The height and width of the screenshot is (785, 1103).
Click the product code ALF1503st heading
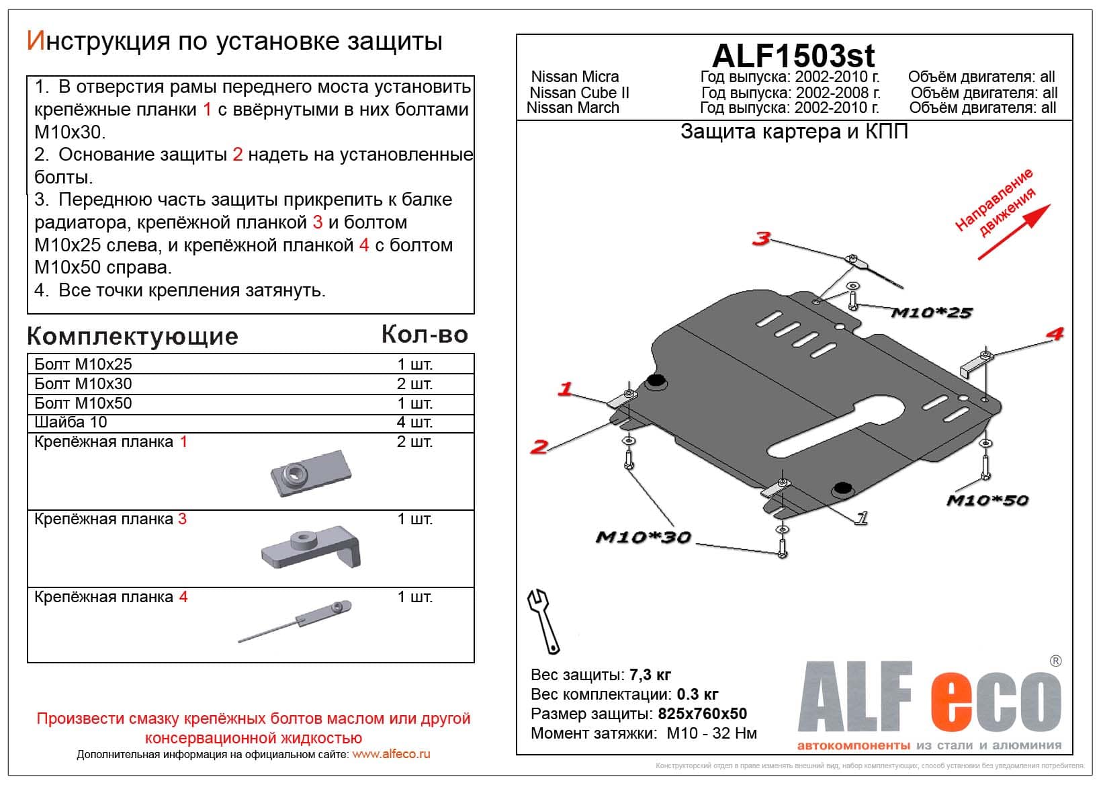click(793, 56)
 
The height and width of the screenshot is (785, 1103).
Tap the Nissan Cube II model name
click(579, 93)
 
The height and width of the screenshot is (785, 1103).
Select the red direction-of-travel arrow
click(1014, 233)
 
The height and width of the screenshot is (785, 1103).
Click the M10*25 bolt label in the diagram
click(931, 313)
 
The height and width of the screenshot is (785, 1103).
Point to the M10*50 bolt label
click(987, 500)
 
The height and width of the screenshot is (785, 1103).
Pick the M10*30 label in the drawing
click(643, 537)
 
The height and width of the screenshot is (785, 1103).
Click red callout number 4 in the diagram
click(1054, 334)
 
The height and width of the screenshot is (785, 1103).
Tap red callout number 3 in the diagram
click(760, 238)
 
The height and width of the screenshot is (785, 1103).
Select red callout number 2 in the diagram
click(539, 446)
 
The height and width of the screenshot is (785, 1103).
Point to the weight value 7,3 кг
click(650, 675)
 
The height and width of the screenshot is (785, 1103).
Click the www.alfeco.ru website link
click(391, 754)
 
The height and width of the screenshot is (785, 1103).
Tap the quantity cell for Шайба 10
click(414, 422)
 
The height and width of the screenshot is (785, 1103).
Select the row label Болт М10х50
click(83, 403)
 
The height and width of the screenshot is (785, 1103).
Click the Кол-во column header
click(424, 334)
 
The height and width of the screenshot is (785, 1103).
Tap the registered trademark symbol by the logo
click(1055, 661)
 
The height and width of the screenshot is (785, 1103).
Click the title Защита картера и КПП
click(794, 132)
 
